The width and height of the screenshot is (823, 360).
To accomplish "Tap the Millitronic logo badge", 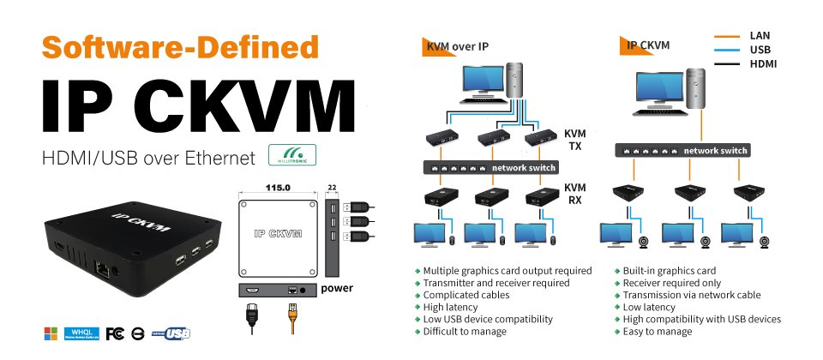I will (292, 155).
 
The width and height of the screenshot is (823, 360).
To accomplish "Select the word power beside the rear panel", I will (337, 289).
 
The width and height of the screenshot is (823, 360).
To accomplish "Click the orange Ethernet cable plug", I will (293, 322).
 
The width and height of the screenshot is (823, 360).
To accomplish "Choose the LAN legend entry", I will (760, 36).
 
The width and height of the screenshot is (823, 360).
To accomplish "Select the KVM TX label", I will (574, 141).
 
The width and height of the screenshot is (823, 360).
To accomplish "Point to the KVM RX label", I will (574, 194).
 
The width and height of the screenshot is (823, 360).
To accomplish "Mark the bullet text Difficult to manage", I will (465, 331).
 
